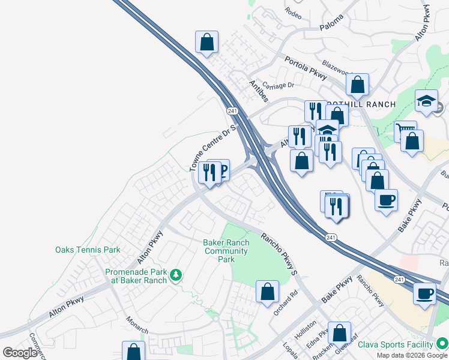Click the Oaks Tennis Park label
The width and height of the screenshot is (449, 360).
click(x=88, y=250)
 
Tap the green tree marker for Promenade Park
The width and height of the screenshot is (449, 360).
click(x=176, y=275)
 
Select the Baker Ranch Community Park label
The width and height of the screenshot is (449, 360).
click(x=226, y=251)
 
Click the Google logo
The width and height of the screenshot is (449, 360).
click(x=20, y=353)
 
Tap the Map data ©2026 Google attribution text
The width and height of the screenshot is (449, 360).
click(x=412, y=355)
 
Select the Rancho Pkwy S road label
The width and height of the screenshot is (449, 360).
click(x=279, y=254)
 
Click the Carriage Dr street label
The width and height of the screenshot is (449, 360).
click(x=278, y=85)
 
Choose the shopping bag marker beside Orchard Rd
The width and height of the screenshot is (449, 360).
click(x=267, y=292)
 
